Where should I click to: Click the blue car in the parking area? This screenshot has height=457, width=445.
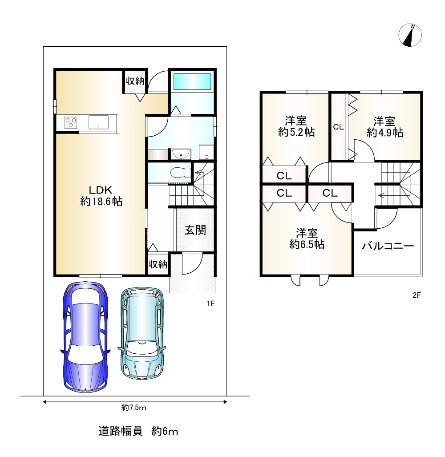click(85, 337)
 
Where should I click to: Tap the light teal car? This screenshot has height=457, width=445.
click(142, 333)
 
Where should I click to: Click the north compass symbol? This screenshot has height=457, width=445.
click(410, 35)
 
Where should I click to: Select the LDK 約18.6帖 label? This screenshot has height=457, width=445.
click(101, 196)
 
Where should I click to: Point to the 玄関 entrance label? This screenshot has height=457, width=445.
click(195, 230)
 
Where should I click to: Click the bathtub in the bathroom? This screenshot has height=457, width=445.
click(192, 81)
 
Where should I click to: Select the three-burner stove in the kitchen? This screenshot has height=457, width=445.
click(71, 122)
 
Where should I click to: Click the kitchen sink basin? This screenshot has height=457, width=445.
click(98, 122)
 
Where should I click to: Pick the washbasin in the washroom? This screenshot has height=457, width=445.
click(181, 154)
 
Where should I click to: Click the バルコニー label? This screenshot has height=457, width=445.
click(388, 246)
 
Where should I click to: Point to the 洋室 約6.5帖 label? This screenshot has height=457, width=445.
click(307, 239)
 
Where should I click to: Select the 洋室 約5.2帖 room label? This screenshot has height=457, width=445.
click(296, 126)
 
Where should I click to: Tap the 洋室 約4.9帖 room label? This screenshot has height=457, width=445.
click(384, 127)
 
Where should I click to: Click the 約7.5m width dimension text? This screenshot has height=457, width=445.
click(134, 408)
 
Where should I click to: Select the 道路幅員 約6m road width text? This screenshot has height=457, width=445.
click(138, 431)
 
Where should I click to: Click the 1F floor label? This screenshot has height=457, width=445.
click(210, 303)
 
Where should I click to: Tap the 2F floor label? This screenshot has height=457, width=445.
click(417, 295)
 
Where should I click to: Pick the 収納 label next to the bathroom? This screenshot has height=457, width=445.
click(135, 81)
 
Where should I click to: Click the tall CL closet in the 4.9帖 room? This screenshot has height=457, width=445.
click(339, 126)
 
